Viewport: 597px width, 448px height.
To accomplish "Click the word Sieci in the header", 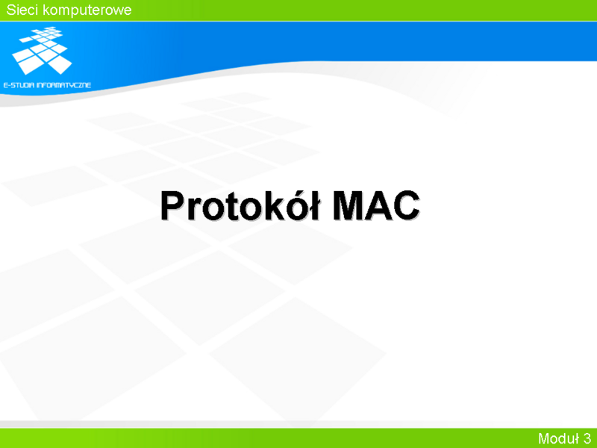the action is tap(22, 10).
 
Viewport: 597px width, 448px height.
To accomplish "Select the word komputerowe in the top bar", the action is tap(87, 10).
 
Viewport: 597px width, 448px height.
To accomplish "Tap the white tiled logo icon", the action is tap(42, 50).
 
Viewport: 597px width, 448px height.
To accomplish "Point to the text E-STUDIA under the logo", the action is tap(18, 85).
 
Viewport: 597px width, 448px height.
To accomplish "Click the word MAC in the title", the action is tap(376, 206).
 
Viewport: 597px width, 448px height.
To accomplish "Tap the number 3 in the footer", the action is tap(587, 438).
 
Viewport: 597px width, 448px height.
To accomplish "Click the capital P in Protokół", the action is tap(173, 206).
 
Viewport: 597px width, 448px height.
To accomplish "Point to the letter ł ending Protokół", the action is tap(314, 205).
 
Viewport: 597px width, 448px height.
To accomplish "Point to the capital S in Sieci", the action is tap(11, 10).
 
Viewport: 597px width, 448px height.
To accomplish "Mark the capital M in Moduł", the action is tap(544, 438).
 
